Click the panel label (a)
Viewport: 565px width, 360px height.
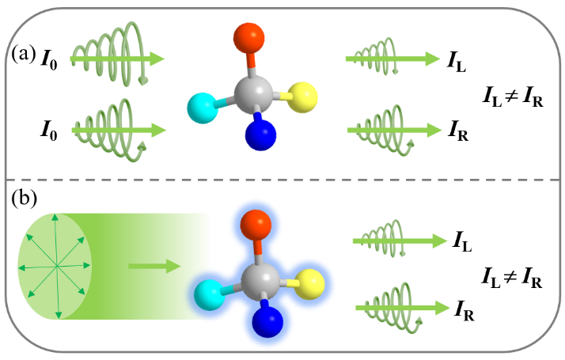coord(22,55)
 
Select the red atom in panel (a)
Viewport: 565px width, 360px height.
coord(252,38)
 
